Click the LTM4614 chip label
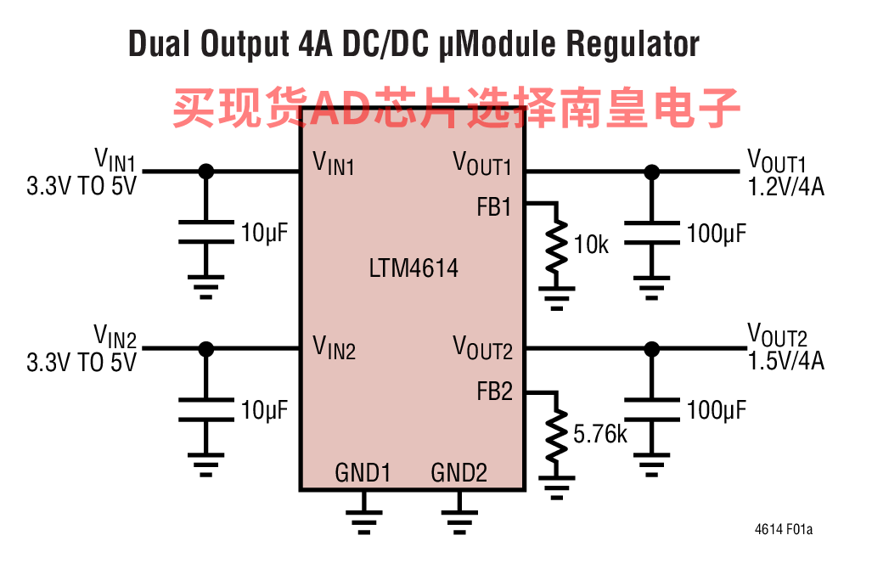coord(413,268)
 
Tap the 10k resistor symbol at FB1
coord(557,246)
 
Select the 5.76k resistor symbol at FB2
coord(557,436)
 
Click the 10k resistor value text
coord(591,245)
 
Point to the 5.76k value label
coord(600,434)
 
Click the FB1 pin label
coord(494,207)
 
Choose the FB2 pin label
coord(494,392)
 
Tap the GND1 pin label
coord(363,473)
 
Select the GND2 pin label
coord(459,473)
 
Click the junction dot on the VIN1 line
coord(205,172)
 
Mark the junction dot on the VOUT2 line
coord(652,349)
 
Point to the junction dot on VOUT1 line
coord(652,172)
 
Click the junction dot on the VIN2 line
coord(205,349)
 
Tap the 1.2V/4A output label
coord(785,187)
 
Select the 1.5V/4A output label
coord(785,361)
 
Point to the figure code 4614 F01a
coord(783,529)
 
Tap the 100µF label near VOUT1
coord(717,234)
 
